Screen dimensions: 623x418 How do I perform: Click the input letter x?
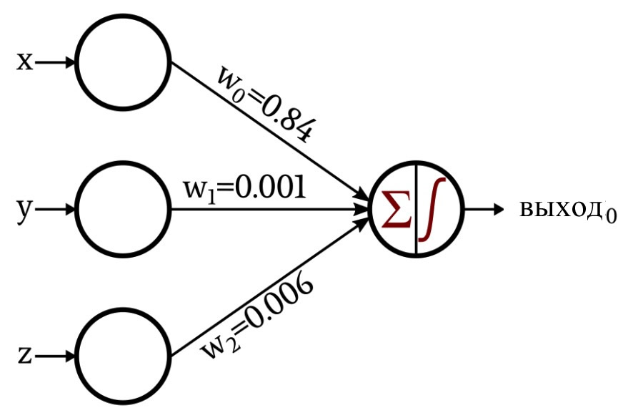(x=24, y=62)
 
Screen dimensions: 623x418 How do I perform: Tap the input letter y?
(x=24, y=211)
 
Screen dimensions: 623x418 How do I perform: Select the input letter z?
(x=25, y=356)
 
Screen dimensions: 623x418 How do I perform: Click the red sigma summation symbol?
(x=396, y=209)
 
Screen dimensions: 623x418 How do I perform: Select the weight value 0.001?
(x=271, y=187)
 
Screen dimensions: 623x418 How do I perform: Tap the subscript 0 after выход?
(x=611, y=215)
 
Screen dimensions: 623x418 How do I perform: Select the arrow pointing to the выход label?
(x=484, y=209)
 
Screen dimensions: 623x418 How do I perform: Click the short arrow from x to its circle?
(x=54, y=62)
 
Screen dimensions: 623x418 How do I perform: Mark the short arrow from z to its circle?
(x=54, y=356)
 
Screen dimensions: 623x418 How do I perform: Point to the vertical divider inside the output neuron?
(x=416, y=209)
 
